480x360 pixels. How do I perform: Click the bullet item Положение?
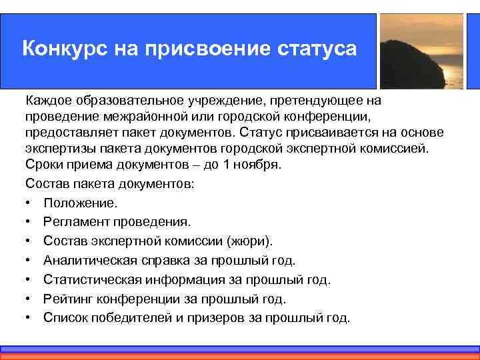(80, 202)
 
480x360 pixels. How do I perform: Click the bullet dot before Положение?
(30, 202)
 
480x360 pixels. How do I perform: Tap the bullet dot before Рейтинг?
(30, 299)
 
